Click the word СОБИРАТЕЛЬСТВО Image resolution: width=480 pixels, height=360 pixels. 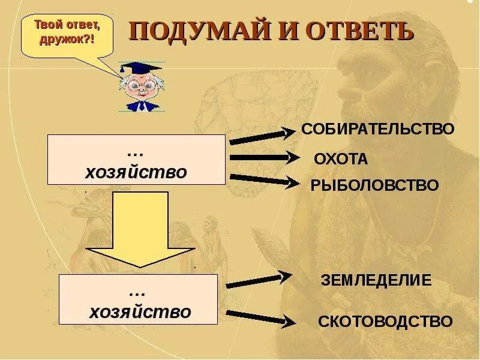377,129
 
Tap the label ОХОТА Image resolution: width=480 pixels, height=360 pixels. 340,160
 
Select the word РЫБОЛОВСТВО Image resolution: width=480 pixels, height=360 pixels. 374,185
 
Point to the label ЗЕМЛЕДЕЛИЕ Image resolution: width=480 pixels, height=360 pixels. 376,280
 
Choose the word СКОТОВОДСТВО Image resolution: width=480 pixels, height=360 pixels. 385,322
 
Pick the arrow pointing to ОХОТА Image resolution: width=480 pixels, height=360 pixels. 264,158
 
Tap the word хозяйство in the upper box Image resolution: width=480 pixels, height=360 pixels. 136,173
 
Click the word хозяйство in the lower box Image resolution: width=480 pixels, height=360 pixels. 140,312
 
